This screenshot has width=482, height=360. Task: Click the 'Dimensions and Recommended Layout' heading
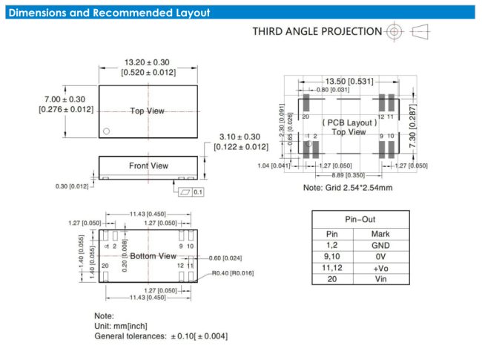[108, 13]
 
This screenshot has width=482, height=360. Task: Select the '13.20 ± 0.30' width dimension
[146, 62]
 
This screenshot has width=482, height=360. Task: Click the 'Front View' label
[148, 166]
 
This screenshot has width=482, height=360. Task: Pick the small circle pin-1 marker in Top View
[107, 131]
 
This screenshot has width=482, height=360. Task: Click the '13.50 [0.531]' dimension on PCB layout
[349, 81]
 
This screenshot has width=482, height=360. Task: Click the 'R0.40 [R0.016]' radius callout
[232, 272]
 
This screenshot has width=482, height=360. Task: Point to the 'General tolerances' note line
[160, 336]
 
